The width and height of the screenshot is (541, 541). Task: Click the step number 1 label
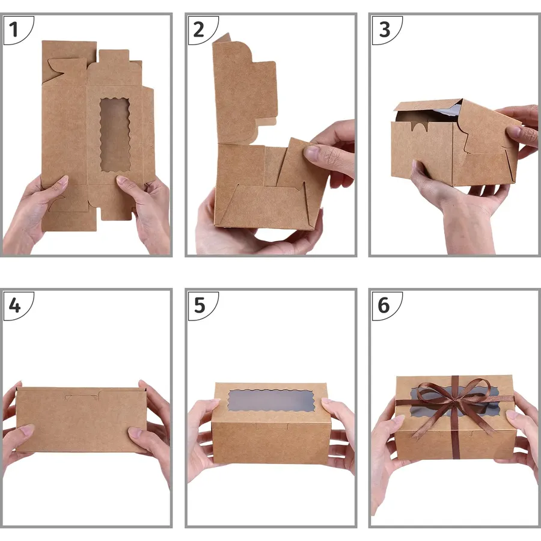[13, 29]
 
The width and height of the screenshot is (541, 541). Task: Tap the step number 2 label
[198, 29]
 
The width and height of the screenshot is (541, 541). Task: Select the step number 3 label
[384, 29]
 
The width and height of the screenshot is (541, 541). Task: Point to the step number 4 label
[14, 305]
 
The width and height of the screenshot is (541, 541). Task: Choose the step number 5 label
[200, 305]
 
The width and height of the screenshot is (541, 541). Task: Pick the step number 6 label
[384, 305]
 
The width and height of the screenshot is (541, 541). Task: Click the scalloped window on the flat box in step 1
[115, 135]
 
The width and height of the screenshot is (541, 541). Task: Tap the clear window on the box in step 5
[271, 401]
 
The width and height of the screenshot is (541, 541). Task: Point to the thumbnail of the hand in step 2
[311, 153]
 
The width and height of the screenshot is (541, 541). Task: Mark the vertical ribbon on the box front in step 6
[456, 435]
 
